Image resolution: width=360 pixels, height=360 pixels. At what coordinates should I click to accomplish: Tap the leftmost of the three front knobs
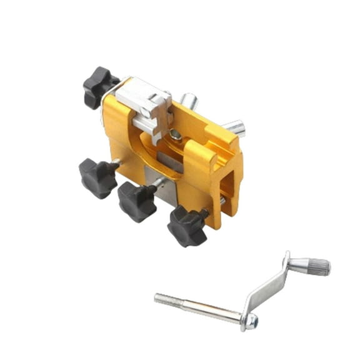coord(97,177)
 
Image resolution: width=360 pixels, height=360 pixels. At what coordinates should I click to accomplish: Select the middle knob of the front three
coord(137,201)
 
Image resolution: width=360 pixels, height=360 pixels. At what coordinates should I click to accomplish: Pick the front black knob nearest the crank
coord(186,226)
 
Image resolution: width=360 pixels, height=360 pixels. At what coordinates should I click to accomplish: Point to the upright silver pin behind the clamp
coord(188,101)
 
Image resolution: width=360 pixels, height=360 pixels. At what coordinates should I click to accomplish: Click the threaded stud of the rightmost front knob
coord(205,214)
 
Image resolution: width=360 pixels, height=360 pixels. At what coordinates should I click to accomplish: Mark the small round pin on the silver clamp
coord(145,112)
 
